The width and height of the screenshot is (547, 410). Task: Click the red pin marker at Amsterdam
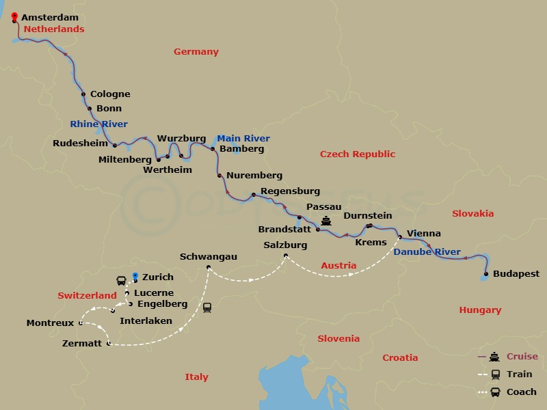coord(15,17)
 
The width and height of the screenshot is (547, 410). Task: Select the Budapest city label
coord(516,274)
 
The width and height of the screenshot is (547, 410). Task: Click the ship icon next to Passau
coord(326,221)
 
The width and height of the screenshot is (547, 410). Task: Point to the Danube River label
coord(427,252)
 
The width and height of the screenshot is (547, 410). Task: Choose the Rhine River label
coord(98,124)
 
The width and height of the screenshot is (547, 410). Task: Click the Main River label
coord(243,139)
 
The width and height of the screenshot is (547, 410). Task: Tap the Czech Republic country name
coord(358,154)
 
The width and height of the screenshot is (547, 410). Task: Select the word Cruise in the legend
coord(522,357)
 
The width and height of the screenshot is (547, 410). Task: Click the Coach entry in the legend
coord(521,392)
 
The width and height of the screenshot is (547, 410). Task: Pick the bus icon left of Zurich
coord(121,280)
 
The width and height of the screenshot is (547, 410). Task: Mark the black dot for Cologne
coord(83,94)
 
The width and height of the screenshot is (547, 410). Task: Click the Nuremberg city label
coord(254,176)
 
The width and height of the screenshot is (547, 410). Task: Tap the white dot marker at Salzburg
coord(286,256)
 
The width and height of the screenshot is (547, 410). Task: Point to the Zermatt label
coord(81,344)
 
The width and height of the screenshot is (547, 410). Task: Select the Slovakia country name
coord(472,214)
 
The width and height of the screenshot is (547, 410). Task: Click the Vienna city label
coord(423,234)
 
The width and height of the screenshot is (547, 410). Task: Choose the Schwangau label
coord(208,257)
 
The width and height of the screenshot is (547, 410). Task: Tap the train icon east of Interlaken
coord(207,307)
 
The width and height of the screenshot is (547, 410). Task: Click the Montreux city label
coord(50,323)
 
